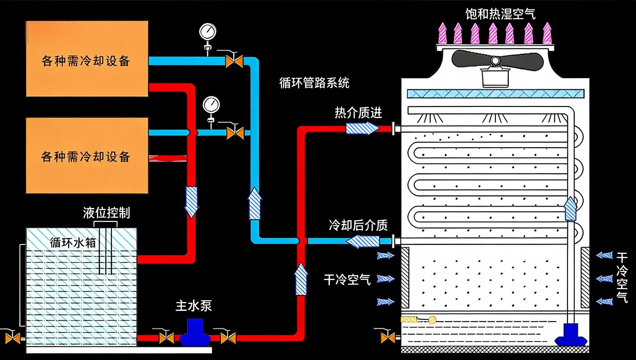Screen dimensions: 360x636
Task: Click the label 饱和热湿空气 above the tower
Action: pyautogui.click(x=500, y=14)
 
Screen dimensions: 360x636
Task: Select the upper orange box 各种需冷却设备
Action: pyautogui.click(x=87, y=59)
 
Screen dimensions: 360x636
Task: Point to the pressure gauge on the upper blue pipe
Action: pyautogui.click(x=207, y=32)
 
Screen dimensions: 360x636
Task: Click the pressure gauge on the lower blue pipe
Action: pyautogui.click(x=211, y=105)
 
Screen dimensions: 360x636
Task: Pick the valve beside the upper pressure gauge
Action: pyautogui.click(x=234, y=60)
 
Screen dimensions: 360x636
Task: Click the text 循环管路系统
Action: pyautogui.click(x=314, y=83)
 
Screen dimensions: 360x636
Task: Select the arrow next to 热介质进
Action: pyautogui.click(x=362, y=128)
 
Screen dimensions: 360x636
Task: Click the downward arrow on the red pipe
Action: pyautogui.click(x=192, y=202)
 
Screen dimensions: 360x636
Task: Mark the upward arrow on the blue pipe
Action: pyautogui.click(x=255, y=203)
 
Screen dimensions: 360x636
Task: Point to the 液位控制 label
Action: pyautogui.click(x=106, y=212)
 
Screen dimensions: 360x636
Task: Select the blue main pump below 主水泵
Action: pyautogui.click(x=195, y=334)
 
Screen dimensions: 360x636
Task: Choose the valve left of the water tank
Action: pyautogui.click(x=12, y=337)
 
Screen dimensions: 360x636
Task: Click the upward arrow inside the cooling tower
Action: pyautogui.click(x=571, y=208)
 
